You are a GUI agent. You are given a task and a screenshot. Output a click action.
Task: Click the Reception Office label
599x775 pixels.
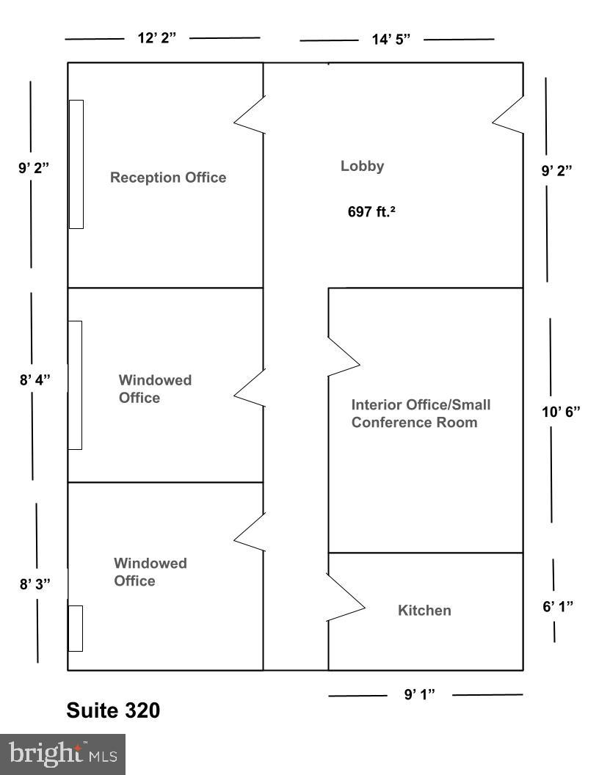coord(168,178)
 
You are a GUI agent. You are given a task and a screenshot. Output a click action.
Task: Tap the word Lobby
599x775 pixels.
coord(362,166)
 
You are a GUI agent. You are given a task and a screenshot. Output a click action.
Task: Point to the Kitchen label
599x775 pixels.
coord(424,611)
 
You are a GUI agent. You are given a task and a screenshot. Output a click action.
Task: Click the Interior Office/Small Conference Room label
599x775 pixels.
coord(421,413)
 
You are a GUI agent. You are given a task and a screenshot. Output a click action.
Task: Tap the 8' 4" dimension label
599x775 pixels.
coord(35,382)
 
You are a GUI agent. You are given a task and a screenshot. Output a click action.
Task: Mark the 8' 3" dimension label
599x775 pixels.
coord(35,584)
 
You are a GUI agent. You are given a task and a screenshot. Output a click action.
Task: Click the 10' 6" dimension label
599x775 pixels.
coord(561,411)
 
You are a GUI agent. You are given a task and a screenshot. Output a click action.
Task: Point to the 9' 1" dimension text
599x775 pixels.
coord(420,694)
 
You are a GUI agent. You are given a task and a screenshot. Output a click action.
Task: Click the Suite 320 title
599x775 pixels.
coord(113,710)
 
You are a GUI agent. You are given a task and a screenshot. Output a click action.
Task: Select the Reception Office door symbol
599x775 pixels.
coord(250,115)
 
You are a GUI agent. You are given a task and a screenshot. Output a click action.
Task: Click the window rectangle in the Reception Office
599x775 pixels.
coord(76,164)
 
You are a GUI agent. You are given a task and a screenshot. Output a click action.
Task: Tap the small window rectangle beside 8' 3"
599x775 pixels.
coord(75,628)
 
